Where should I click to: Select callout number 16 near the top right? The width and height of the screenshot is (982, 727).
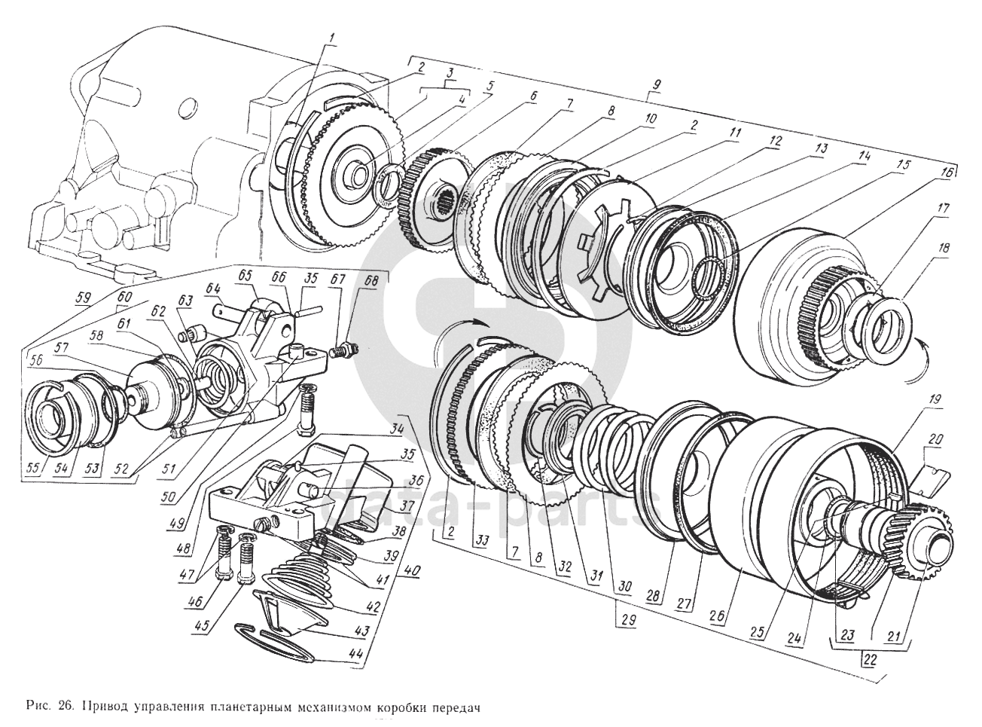(x=946, y=173)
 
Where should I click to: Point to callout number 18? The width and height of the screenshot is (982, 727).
(x=944, y=247)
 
